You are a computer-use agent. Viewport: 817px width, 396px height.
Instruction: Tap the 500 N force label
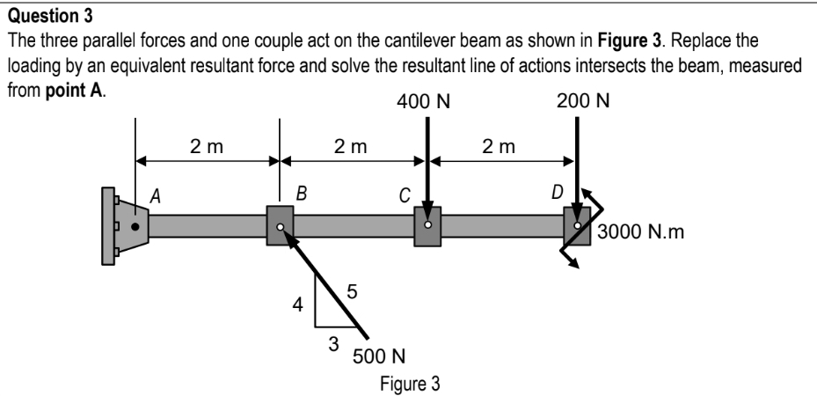(x=378, y=356)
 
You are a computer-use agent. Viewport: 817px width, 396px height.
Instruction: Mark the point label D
(x=558, y=194)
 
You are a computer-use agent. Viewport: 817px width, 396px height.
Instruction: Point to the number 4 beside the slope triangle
(x=298, y=306)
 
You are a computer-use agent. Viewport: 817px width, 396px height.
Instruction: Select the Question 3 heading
(x=40, y=11)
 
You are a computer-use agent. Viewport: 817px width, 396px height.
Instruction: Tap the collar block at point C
(x=427, y=226)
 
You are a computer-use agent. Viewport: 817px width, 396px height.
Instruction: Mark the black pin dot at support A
(x=135, y=226)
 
